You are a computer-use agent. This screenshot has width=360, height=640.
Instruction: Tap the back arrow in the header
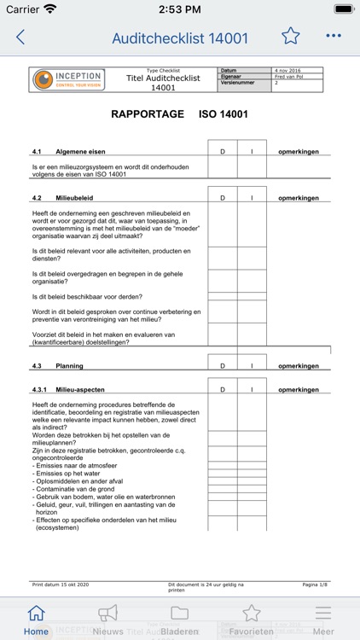pos(20,38)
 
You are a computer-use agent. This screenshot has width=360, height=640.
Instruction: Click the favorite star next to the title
pos(291,36)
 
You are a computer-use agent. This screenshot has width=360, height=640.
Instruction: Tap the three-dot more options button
pos(334,37)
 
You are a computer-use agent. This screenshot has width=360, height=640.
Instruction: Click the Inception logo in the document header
pos(67,79)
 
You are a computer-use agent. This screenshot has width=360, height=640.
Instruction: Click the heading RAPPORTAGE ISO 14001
pos(179,113)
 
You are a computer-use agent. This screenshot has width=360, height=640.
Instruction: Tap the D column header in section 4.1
pos(223,151)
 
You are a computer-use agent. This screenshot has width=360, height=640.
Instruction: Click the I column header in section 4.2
pos(252,198)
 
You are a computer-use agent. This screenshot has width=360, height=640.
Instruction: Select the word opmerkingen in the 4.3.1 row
pos(299,390)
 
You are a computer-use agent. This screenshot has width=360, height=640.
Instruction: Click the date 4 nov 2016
pos(287,71)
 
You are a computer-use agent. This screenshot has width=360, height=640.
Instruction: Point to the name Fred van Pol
pos(288,77)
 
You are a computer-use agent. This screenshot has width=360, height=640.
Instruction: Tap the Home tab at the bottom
pos(36,620)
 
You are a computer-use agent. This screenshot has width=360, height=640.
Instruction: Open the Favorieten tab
pos(251,620)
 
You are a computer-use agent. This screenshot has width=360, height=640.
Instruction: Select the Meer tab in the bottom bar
pos(323,620)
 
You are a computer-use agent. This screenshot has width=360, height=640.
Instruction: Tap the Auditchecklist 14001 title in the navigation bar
pos(180,38)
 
